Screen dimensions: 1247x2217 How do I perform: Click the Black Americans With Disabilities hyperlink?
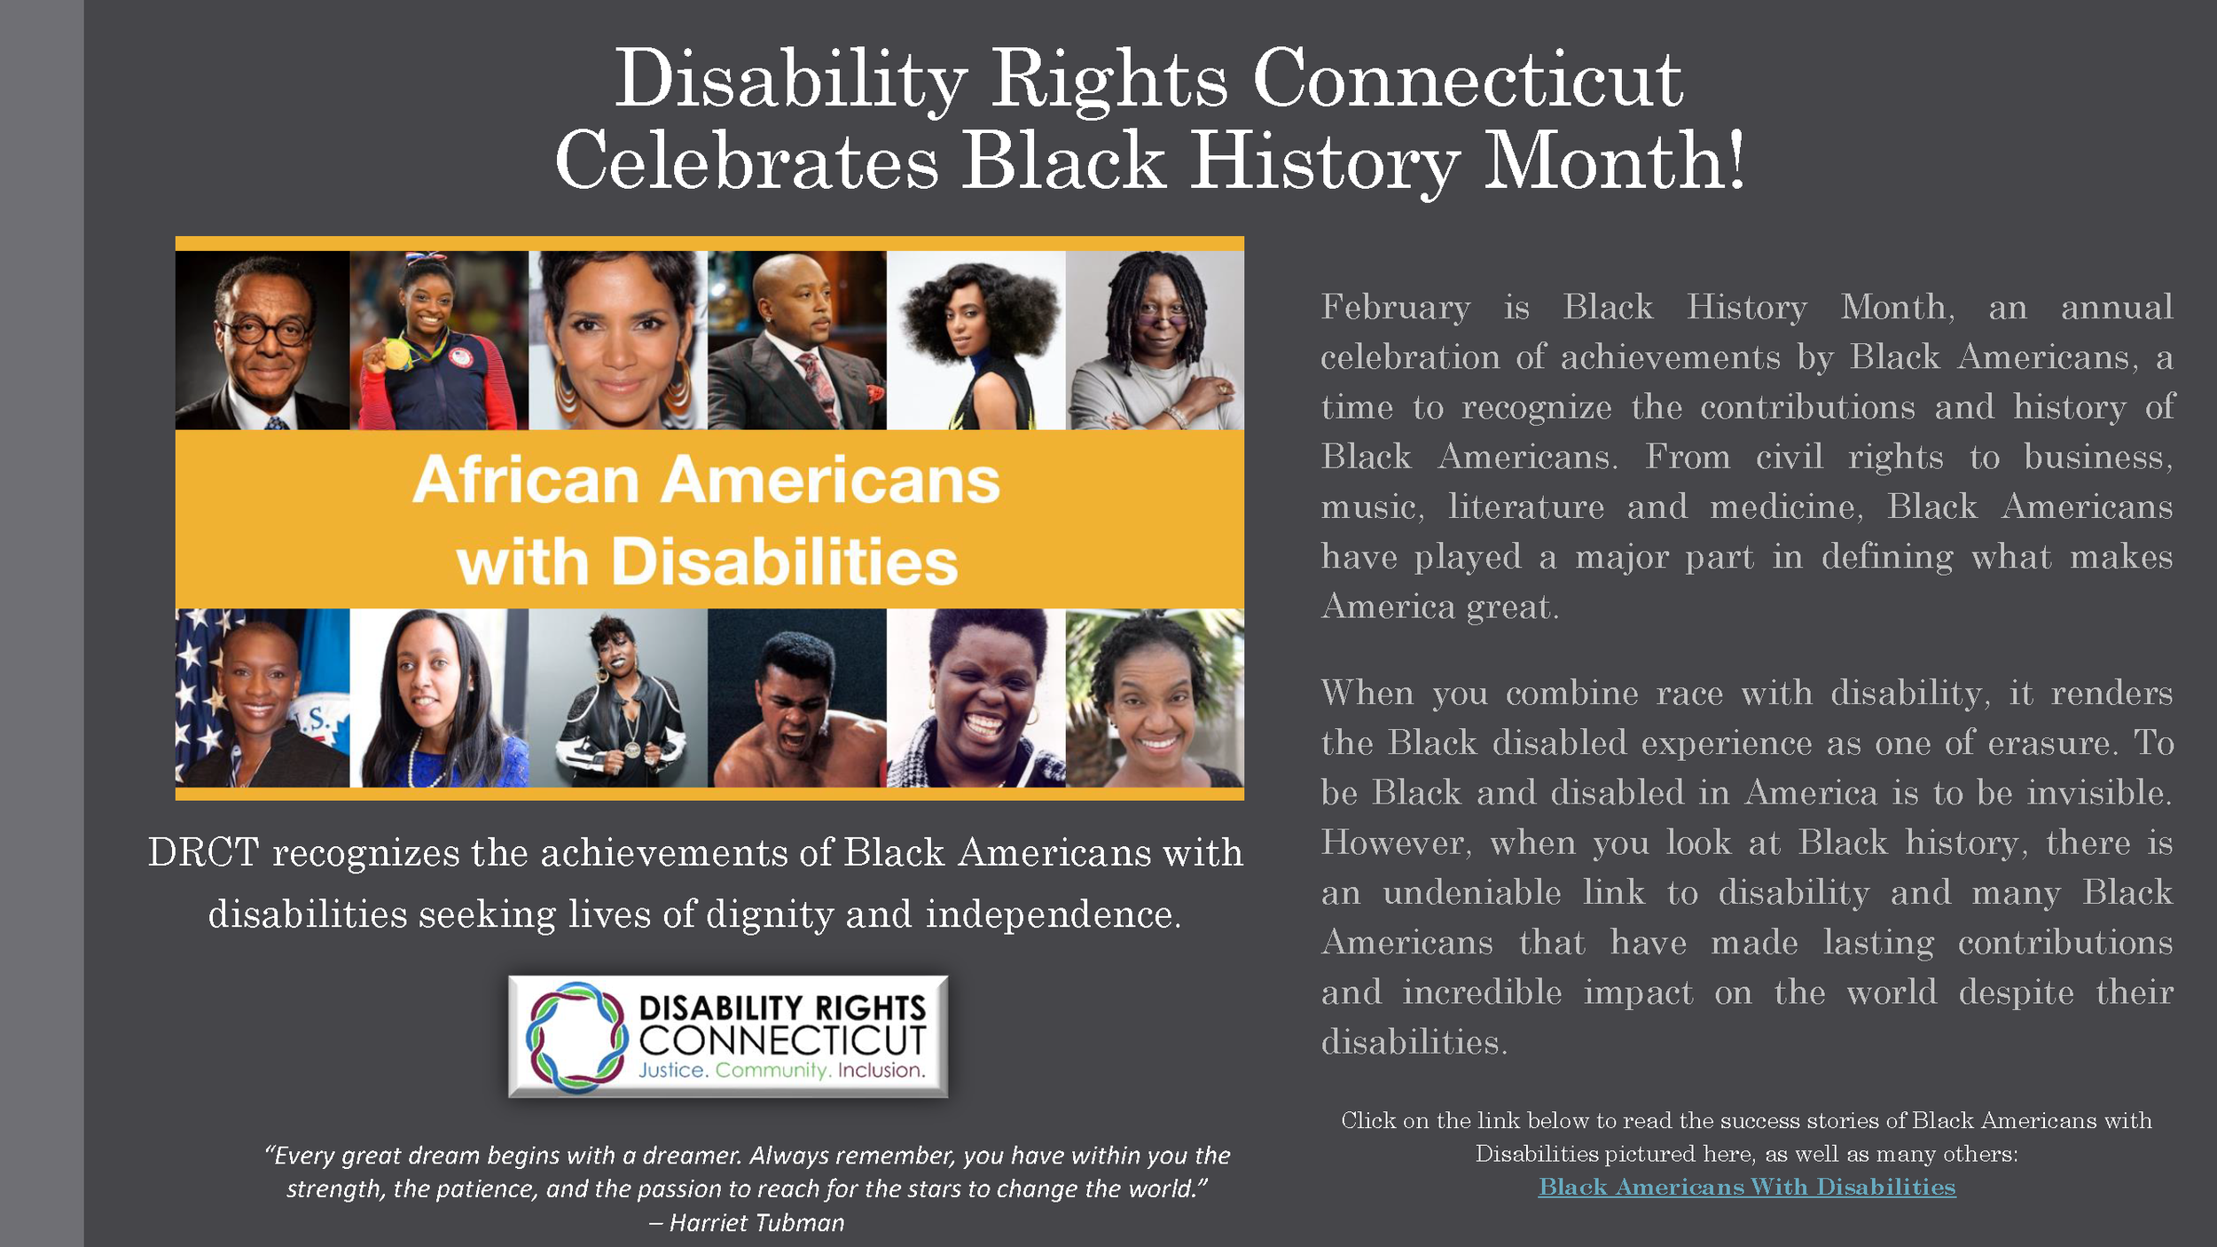[x=1746, y=1187]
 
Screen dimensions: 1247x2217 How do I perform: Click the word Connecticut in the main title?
[x=1467, y=80]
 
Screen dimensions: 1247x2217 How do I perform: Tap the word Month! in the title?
[x=1613, y=161]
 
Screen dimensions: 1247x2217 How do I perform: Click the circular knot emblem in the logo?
[x=576, y=1036]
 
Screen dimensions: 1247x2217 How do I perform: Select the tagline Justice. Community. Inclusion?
[x=781, y=1071]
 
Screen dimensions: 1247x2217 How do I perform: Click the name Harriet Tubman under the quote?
[x=756, y=1223]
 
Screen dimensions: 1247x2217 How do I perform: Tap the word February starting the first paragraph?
[x=1395, y=308]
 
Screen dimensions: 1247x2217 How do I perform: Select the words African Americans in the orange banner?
[x=706, y=481]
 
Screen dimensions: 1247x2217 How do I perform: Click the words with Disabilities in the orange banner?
[x=707, y=562]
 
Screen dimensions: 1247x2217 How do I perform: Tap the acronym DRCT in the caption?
[x=203, y=853]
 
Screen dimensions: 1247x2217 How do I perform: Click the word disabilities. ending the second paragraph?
[x=1414, y=1043]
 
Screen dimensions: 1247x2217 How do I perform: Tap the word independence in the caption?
[x=1052, y=914]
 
